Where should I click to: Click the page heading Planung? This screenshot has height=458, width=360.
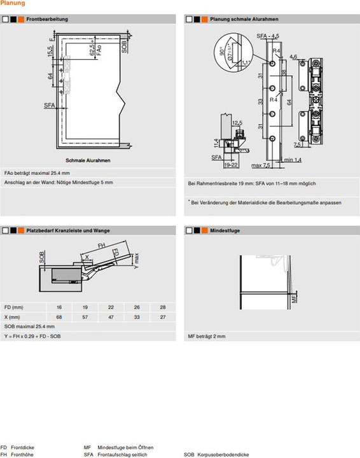(13, 4)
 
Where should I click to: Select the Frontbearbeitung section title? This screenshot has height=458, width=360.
(48, 20)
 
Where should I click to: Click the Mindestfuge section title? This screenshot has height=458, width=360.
(225, 231)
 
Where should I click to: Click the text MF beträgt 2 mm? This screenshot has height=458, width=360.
(207, 337)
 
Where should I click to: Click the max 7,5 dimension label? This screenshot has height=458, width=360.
(261, 166)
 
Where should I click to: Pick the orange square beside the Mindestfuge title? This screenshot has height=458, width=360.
(205, 231)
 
